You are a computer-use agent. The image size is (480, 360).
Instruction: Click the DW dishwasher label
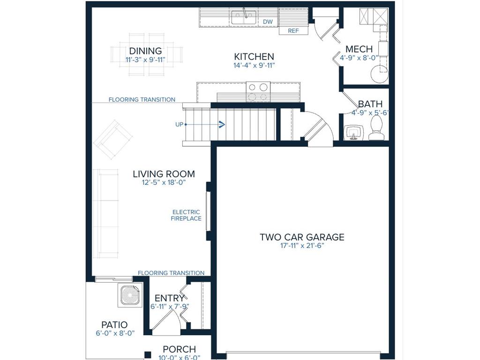(268, 22)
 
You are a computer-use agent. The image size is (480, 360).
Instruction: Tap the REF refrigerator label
(293, 31)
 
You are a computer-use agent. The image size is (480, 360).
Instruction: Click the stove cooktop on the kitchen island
(258, 91)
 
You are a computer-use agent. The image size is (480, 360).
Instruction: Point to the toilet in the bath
(376, 128)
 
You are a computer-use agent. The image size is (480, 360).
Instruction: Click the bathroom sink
(353, 132)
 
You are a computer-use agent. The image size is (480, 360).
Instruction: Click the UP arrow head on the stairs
(221, 124)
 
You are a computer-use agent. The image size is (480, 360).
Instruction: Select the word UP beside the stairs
(179, 125)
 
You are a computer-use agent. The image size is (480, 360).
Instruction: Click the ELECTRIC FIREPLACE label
(186, 215)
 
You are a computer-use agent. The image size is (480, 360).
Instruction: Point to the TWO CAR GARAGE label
(302, 237)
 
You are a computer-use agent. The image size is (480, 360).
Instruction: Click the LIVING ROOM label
(164, 174)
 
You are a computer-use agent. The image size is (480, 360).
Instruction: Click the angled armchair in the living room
(112, 139)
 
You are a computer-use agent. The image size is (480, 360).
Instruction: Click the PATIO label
(114, 325)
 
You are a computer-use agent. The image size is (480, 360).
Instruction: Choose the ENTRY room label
(169, 298)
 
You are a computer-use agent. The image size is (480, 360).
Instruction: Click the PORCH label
(179, 350)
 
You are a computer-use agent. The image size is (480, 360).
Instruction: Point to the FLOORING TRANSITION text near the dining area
(142, 99)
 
